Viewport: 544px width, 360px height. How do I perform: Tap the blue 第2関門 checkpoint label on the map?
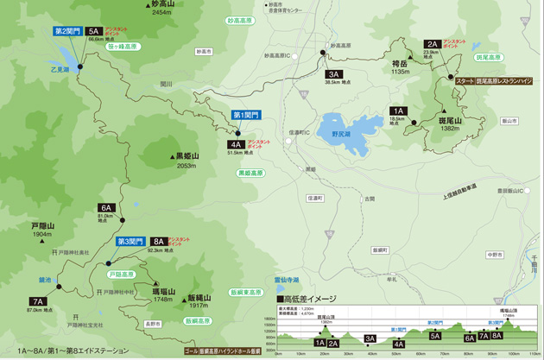(x=66, y=31)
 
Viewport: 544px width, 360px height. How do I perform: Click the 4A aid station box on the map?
(x=236, y=143)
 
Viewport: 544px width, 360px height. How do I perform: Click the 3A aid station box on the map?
(x=335, y=74)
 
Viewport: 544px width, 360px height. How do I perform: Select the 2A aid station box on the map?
(x=432, y=44)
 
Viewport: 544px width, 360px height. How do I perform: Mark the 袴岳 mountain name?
(x=399, y=63)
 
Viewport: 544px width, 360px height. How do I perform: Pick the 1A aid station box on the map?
(x=398, y=111)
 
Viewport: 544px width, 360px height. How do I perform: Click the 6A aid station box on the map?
(x=107, y=208)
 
